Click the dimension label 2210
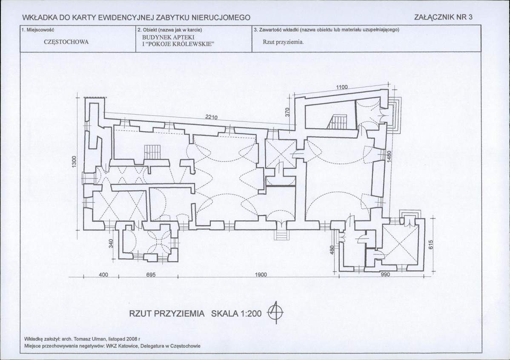[212, 117]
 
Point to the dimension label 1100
[342, 87]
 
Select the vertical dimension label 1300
[74, 162]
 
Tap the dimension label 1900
[261, 274]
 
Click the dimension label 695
[151, 274]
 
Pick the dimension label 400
[103, 274]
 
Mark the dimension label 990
[385, 274]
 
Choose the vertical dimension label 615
[431, 245]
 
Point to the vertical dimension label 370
[287, 112]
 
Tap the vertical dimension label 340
[111, 243]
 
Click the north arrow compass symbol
[275, 312]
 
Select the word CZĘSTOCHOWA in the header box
[66, 42]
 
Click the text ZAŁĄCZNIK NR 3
[443, 17]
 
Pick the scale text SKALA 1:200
[236, 314]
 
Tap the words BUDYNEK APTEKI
[168, 37]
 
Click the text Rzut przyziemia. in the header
[283, 42]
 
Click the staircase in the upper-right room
[338, 122]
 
